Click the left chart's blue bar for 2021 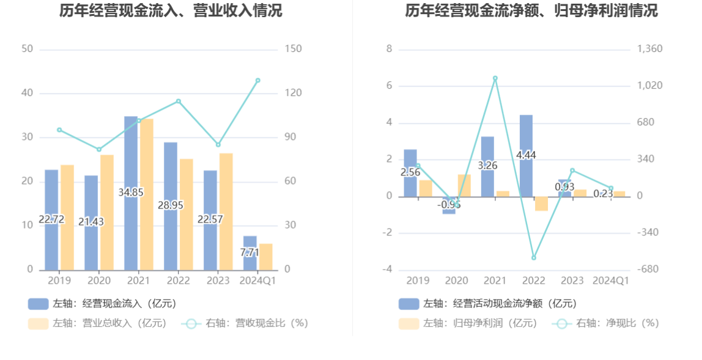(131, 193)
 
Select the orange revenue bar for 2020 (107, 213)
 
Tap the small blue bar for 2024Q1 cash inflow (250, 254)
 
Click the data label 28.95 (171, 205)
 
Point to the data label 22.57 (210, 219)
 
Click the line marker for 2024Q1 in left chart (257, 81)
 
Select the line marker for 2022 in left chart (179, 101)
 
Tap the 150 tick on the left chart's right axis (294, 49)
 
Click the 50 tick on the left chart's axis (28, 49)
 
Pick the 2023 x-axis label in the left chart (218, 281)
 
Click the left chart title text (171, 10)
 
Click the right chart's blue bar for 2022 (526, 156)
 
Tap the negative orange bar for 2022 (542, 204)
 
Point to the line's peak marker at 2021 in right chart (495, 78)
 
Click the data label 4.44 (526, 155)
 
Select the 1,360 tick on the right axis (649, 49)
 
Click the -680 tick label (648, 269)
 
